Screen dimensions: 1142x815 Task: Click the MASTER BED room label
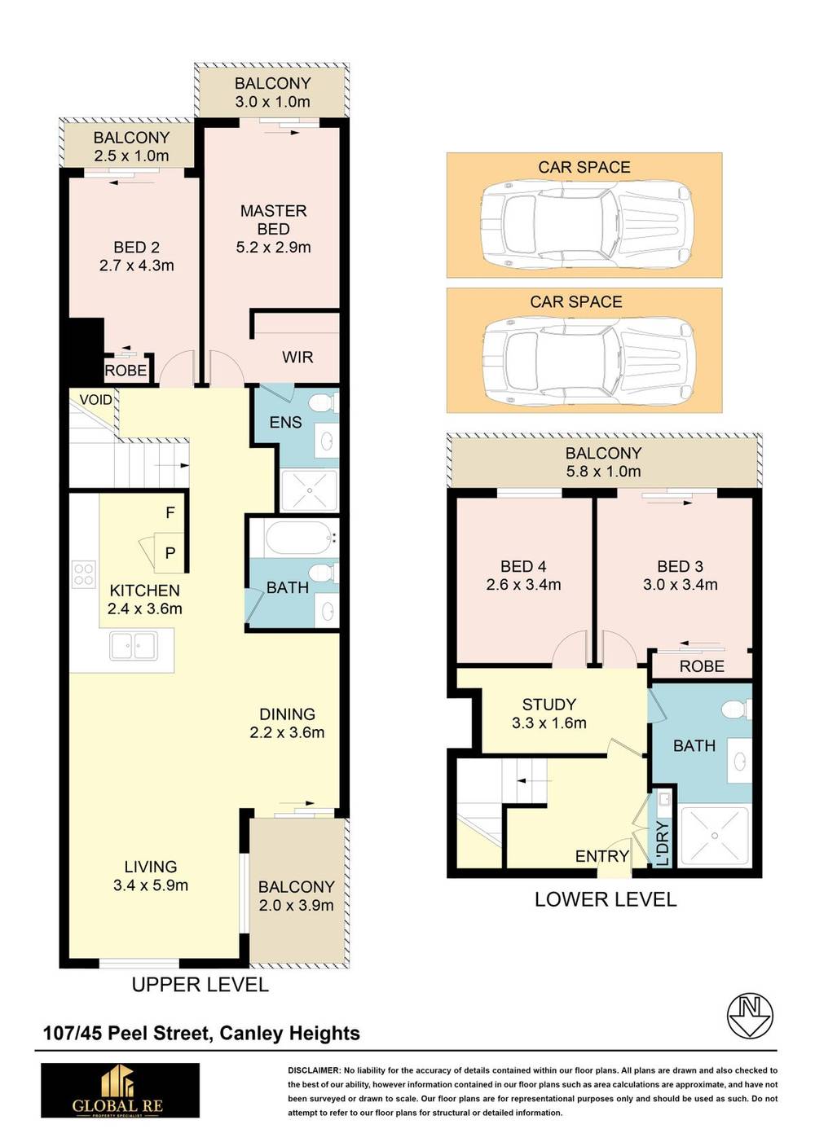point(273,220)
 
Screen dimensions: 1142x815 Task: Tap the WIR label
point(297,357)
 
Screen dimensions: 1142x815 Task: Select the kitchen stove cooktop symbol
point(83,574)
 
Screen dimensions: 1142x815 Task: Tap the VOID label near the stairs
point(95,400)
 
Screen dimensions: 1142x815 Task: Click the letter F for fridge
point(170,512)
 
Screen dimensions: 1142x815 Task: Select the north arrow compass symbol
point(750,1016)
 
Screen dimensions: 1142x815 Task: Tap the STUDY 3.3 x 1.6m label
point(548,714)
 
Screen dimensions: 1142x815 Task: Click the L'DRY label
point(662,843)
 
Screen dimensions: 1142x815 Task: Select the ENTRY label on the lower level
point(601,856)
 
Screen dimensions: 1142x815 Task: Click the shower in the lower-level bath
point(714,835)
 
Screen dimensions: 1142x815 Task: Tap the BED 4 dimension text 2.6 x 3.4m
point(523,585)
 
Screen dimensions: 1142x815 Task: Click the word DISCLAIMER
point(314,1070)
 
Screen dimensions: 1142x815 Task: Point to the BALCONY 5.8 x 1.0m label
point(603,462)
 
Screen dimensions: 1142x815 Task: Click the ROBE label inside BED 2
point(126,371)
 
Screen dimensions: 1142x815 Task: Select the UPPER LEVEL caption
point(200,985)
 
